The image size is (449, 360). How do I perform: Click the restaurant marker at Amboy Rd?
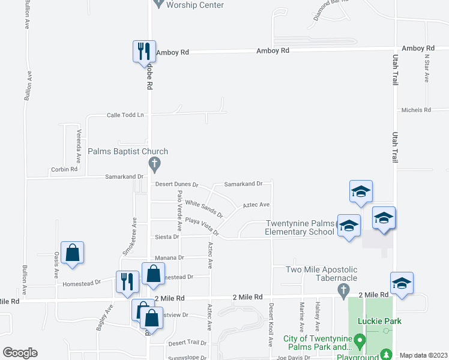144,51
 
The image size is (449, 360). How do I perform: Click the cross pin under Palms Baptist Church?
154,164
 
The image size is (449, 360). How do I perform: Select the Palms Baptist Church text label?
128,152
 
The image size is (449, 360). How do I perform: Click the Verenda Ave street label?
78,146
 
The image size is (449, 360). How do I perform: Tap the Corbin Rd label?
65,169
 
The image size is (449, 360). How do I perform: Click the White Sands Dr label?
204,209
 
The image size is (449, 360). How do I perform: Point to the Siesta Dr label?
167,237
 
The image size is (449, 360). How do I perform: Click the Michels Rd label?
416,110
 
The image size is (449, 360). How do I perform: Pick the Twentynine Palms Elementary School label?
300,228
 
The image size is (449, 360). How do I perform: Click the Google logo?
20,353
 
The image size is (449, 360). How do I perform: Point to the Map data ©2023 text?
423,355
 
